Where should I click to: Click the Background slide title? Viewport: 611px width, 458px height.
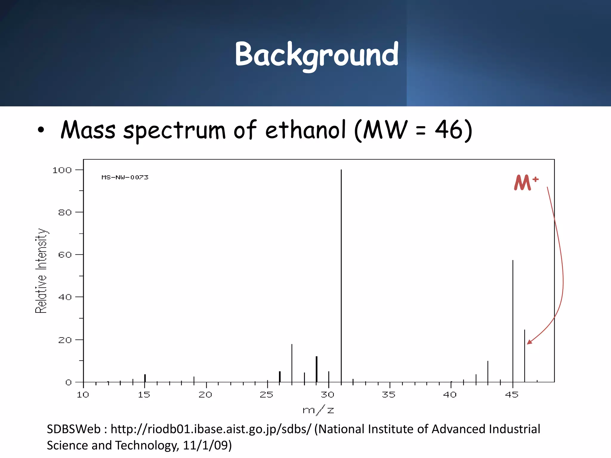tap(316, 55)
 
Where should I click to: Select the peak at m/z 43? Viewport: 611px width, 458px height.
tap(488, 372)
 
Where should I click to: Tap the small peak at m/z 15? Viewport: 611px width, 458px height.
tap(145, 378)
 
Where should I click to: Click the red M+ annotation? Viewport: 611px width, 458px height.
tap(526, 182)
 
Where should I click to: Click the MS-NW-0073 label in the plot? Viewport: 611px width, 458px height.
tap(125, 177)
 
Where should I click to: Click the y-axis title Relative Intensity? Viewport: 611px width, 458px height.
tap(41, 270)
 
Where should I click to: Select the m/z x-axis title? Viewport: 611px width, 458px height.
tap(318, 410)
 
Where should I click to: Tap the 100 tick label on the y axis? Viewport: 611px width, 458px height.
tap(62, 170)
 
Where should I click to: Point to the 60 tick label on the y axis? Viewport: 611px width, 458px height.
tap(65, 255)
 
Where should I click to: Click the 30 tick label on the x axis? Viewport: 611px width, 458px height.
tap(328, 395)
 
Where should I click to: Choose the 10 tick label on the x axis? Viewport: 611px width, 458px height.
tap(83, 395)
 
